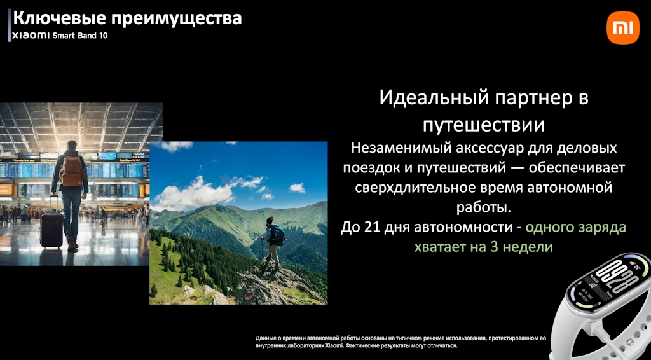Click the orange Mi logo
(623, 27)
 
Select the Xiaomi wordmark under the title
(31, 36)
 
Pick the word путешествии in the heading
(484, 125)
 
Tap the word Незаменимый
(399, 148)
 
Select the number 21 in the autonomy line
(371, 227)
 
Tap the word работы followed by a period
(484, 207)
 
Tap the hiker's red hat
(270, 219)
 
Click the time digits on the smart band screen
(617, 276)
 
